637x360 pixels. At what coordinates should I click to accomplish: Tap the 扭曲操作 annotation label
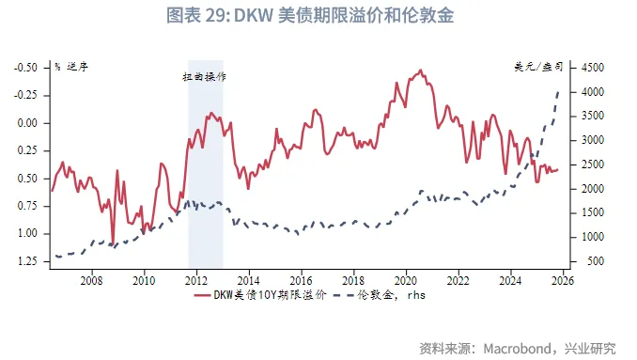(x=205, y=77)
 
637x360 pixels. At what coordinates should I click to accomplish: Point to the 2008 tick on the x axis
(x=91, y=281)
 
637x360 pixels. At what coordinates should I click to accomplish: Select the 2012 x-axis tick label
(x=195, y=281)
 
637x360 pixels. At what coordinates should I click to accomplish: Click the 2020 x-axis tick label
(x=405, y=281)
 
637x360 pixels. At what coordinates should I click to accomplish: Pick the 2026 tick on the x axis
(x=562, y=281)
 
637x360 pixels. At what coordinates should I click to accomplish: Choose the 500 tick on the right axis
(x=596, y=260)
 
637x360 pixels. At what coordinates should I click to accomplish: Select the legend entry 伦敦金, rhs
(x=408, y=297)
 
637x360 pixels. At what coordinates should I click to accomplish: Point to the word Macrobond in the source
(x=521, y=349)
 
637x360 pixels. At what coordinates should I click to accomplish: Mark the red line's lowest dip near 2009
(x=113, y=243)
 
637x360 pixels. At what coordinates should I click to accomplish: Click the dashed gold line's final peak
(x=561, y=91)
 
